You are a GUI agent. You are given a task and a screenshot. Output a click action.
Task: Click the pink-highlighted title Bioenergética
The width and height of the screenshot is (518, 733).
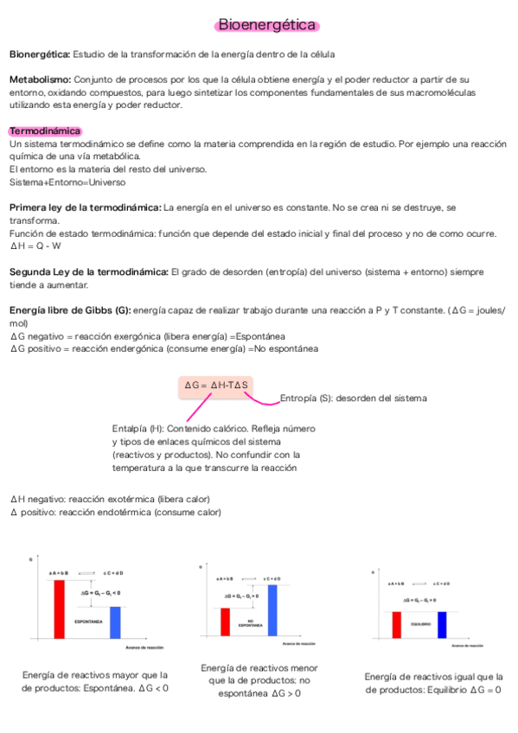click(266, 26)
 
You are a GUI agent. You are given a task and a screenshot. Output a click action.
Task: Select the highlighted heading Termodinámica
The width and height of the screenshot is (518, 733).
click(45, 131)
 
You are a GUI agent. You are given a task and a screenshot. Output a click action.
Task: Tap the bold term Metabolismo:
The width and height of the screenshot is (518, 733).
click(40, 80)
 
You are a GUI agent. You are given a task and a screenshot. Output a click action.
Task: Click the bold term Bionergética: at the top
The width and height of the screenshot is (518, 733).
click(40, 54)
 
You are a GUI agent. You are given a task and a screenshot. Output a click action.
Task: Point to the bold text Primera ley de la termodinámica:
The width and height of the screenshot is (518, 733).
click(85, 207)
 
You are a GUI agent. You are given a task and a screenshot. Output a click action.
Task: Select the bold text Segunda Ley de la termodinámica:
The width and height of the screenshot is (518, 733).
click(88, 271)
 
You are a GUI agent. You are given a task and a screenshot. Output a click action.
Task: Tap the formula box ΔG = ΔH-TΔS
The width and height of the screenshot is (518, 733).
click(218, 384)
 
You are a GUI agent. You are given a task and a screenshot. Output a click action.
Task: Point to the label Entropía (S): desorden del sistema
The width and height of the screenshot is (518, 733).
click(353, 398)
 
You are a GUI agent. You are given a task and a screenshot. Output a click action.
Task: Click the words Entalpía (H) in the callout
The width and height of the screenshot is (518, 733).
click(137, 429)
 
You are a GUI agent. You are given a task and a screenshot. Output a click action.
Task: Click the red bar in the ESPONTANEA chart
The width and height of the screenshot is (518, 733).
click(59, 609)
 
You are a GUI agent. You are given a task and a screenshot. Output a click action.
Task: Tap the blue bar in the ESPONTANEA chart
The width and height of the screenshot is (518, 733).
click(115, 622)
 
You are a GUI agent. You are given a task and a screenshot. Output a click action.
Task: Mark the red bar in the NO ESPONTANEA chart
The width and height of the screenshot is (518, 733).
click(225, 621)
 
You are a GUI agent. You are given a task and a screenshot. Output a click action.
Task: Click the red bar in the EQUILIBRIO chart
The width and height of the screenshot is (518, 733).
click(397, 624)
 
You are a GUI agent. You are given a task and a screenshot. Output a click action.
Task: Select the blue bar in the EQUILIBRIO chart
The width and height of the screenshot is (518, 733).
click(442, 624)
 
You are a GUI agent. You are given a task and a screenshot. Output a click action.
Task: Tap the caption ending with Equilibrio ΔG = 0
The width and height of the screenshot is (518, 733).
click(433, 683)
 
